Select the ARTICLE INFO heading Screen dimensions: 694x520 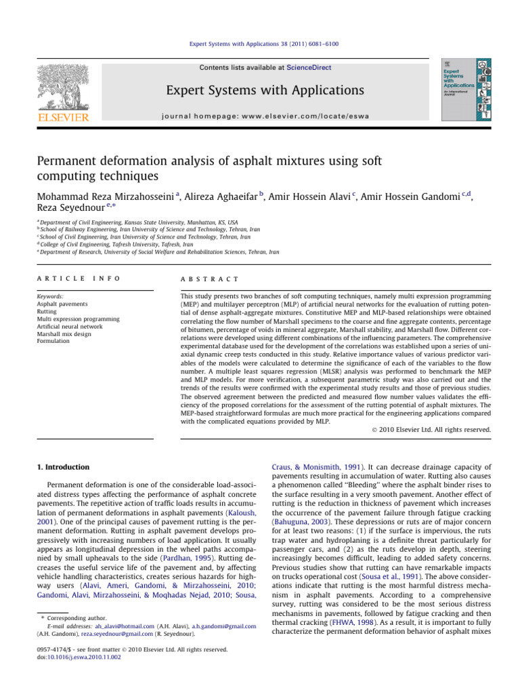tap(79, 278)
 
